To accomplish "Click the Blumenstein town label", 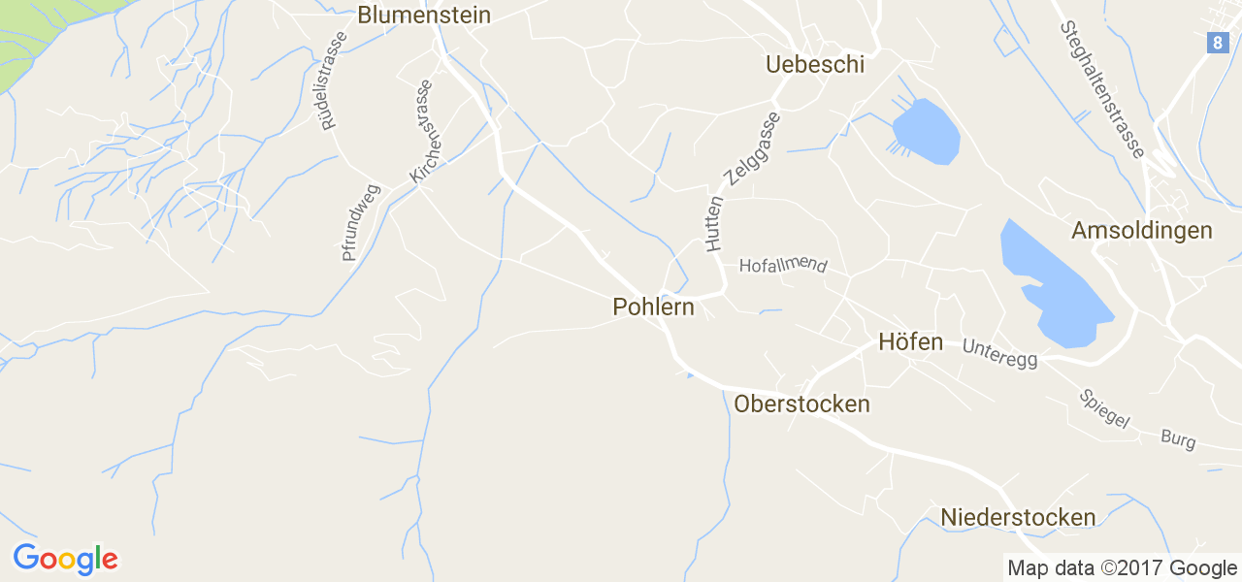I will click(424, 16).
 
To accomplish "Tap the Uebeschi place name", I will click(814, 65).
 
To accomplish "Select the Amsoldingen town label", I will click(1142, 231).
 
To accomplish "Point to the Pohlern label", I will click(653, 307).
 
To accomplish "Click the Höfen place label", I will click(910, 342).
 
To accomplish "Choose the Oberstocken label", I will click(802, 404).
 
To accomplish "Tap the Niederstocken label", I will click(1018, 518).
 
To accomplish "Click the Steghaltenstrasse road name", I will click(1103, 89).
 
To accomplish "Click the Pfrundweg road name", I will click(361, 223).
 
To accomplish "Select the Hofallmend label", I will click(783, 266).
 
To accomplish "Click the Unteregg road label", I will click(999, 353).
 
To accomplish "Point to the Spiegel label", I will click(1105, 409).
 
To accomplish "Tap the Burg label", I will click(1178, 438).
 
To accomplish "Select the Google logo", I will click(65, 560).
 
